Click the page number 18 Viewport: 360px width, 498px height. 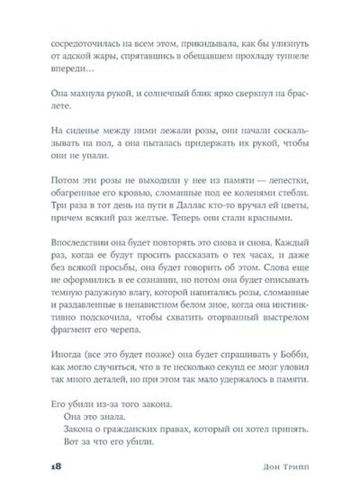pyautogui.click(x=56, y=467)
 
